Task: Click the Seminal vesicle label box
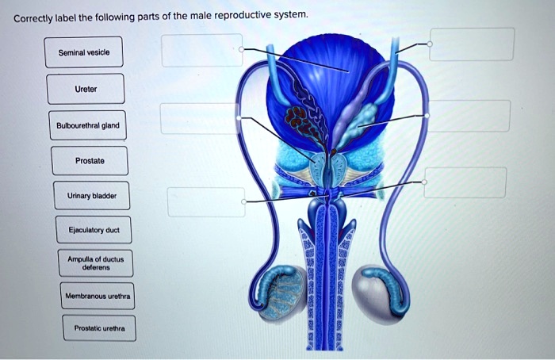[x=83, y=52]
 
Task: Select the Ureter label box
[x=86, y=89]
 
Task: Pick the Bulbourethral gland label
[x=87, y=124]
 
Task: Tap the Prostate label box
[x=89, y=160]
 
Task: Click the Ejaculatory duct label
[x=93, y=230]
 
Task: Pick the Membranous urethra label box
[x=99, y=297]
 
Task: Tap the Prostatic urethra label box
[x=99, y=328]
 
